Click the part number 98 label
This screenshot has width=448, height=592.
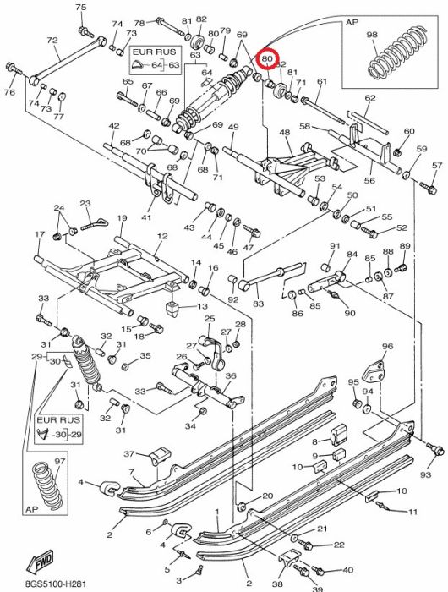(372, 35)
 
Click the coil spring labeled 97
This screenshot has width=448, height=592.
(47, 486)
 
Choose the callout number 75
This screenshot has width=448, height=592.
(81, 7)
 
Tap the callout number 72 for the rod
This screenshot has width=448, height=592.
(52, 40)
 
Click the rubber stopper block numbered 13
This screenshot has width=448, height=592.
(172, 310)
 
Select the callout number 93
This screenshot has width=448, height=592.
(425, 474)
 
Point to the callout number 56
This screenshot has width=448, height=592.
(369, 180)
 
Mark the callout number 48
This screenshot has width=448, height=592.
(285, 133)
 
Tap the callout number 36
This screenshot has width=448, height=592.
(231, 375)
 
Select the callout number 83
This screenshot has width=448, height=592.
(258, 303)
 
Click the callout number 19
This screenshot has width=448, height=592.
(122, 218)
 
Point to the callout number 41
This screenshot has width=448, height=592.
(146, 217)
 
